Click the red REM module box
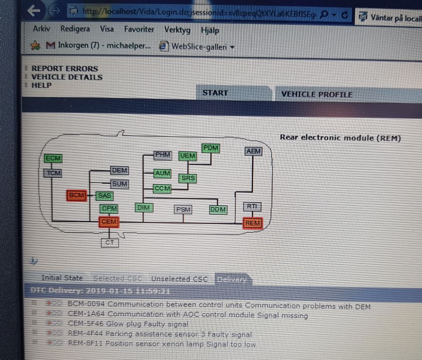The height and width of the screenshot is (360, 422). pos(253,223)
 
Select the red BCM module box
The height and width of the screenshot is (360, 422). pos(77,195)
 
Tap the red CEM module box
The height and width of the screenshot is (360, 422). pos(109,222)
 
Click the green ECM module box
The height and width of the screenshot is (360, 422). pos(53,158)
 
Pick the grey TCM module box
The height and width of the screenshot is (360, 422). pos(53,173)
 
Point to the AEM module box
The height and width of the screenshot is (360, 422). pos(253,151)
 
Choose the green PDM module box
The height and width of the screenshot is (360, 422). pos(211,148)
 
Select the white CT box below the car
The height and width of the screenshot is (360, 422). pos(110,242)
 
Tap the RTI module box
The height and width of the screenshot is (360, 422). pos(252,206)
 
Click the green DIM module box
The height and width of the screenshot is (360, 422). pos(144,208)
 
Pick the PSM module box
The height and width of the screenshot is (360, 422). pos(183,210)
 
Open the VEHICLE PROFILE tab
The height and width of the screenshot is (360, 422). pos(316,94)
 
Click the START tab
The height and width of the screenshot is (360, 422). pos(215,93)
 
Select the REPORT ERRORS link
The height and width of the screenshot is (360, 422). pos(65,68)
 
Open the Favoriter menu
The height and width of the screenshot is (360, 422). pos(139,29)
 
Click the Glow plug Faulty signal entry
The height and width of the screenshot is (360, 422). pos(128,324)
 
